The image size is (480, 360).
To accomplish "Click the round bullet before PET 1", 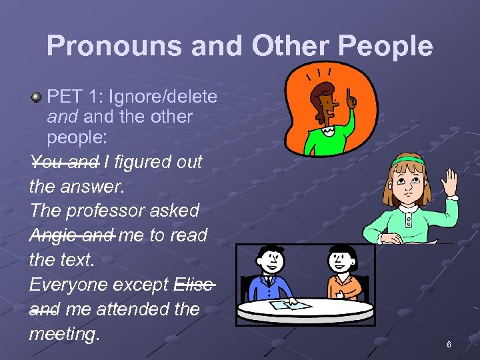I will coord(36,97).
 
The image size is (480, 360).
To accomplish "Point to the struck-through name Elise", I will coord(193,285).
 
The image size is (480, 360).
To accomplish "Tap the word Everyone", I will coord(69,285).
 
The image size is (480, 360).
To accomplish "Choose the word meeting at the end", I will coord(64,334).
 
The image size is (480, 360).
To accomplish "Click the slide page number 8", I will coord(449,345).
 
